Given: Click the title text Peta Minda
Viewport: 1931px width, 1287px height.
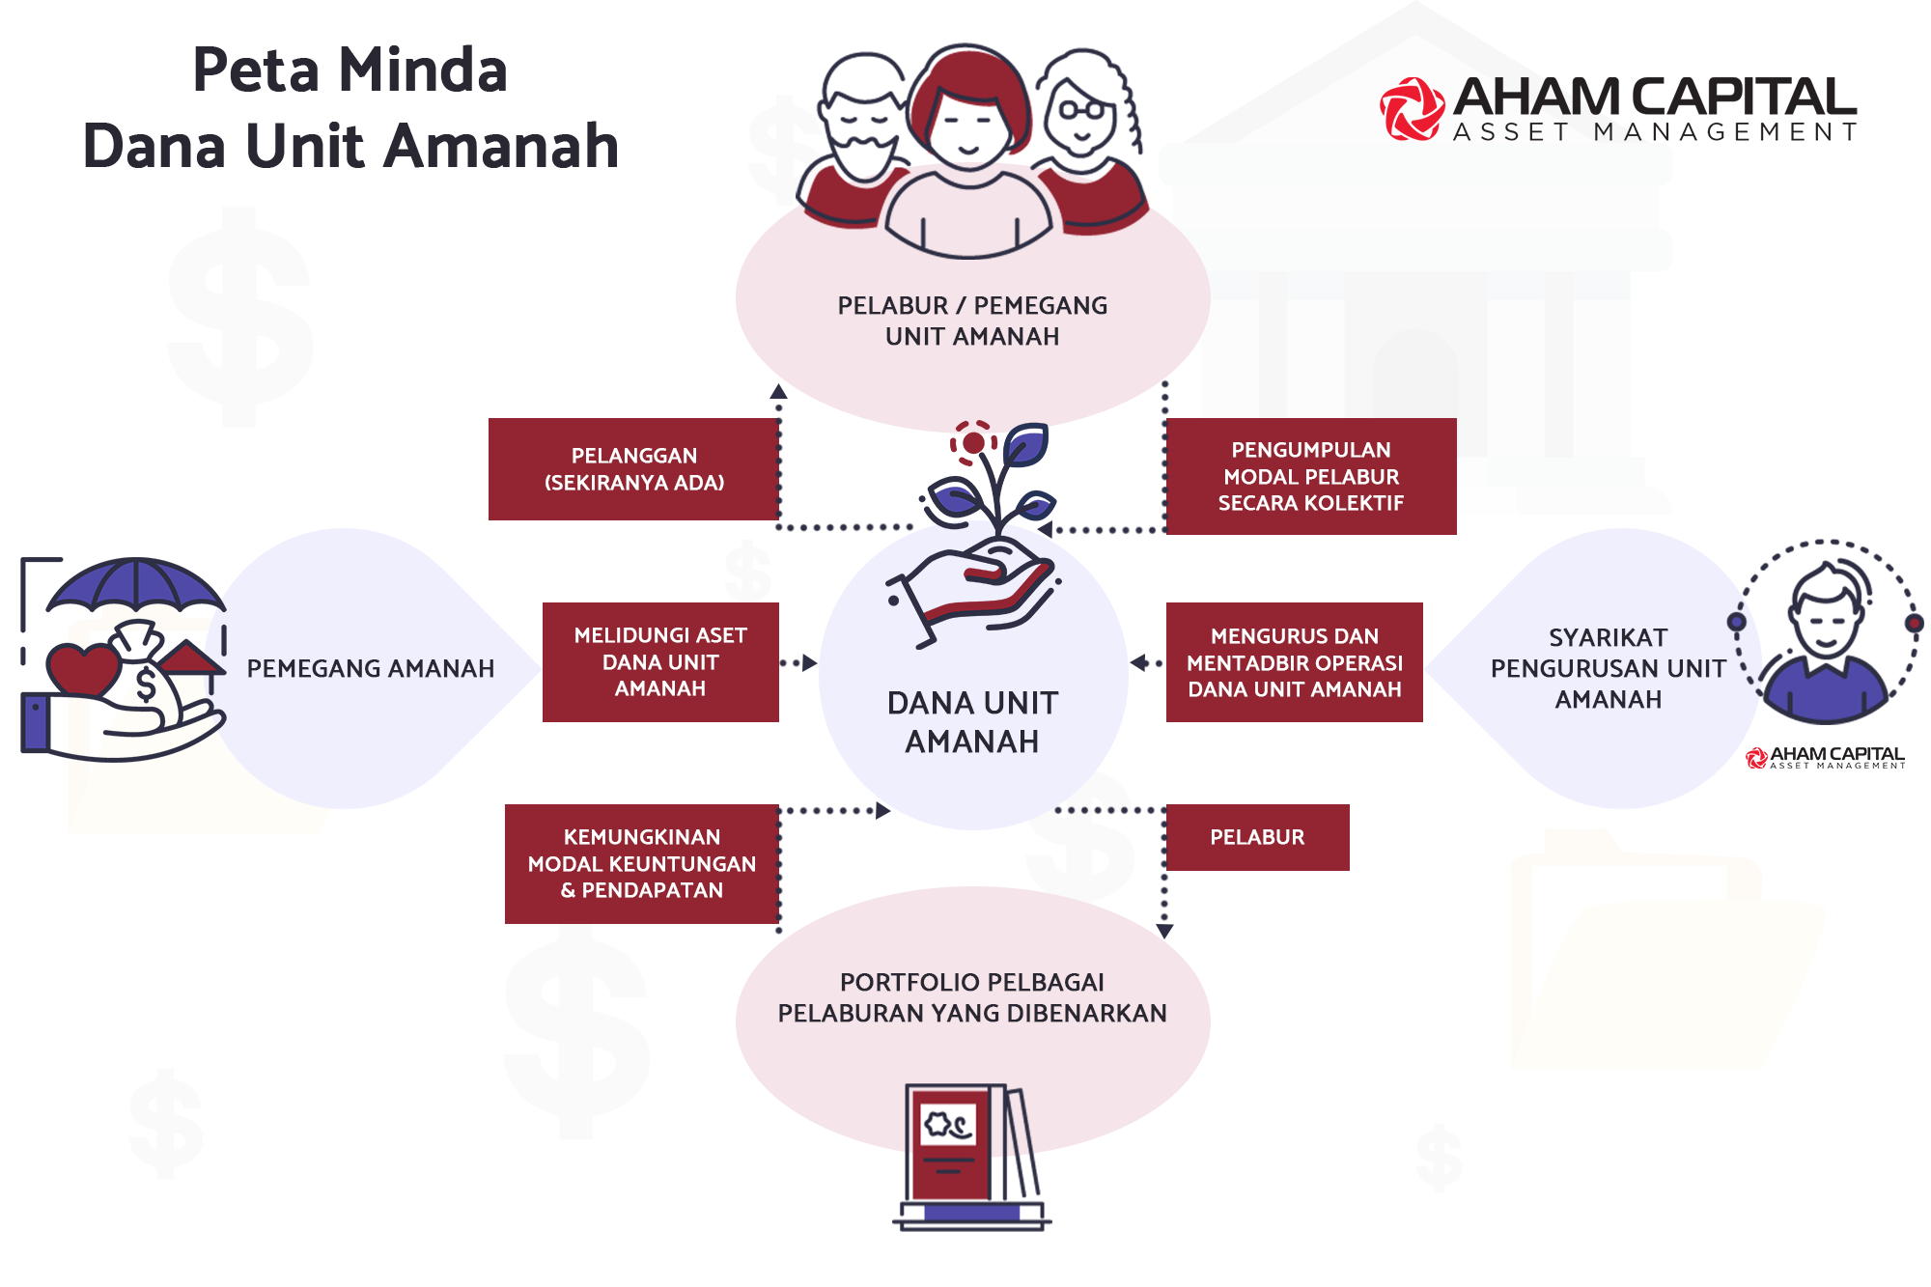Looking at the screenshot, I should click(350, 70).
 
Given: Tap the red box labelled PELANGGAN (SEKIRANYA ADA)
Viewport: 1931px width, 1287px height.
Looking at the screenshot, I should click(633, 469).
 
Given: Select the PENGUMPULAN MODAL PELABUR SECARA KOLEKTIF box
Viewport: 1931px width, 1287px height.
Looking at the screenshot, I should click(1310, 476).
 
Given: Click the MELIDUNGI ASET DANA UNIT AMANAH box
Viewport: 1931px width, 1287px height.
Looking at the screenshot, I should click(659, 661).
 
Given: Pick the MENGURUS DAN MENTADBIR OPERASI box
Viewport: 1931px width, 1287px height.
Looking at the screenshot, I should click(1294, 662).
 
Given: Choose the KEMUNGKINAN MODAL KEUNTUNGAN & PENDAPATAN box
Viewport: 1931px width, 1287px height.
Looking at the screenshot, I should click(641, 863).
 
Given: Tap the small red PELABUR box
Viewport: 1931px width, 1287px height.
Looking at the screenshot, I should click(1257, 837).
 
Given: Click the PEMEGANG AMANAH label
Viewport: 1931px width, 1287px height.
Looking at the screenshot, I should click(370, 668).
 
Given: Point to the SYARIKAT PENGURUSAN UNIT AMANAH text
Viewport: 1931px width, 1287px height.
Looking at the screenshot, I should click(1608, 668).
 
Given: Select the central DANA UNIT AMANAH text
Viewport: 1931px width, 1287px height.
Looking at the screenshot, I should click(972, 721).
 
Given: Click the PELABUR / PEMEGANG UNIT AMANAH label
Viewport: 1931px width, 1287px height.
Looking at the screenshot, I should click(971, 321).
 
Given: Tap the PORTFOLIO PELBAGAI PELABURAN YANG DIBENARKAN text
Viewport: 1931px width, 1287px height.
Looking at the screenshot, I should click(971, 997).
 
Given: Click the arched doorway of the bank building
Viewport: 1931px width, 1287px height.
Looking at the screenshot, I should click(1414, 377).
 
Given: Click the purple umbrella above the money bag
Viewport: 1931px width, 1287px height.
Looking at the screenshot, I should click(137, 584).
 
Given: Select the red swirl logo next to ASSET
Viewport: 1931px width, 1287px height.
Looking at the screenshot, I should click(1411, 109).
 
